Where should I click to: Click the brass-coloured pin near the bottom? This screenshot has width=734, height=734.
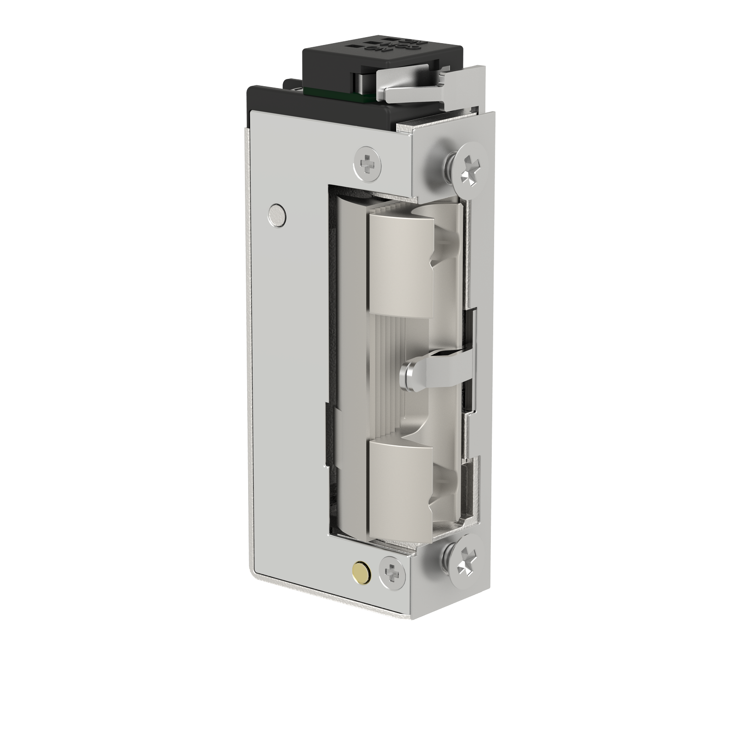(x=360, y=571)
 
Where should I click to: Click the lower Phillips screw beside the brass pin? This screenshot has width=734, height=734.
(x=392, y=572)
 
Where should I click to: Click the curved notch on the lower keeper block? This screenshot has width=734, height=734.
(x=443, y=493)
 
